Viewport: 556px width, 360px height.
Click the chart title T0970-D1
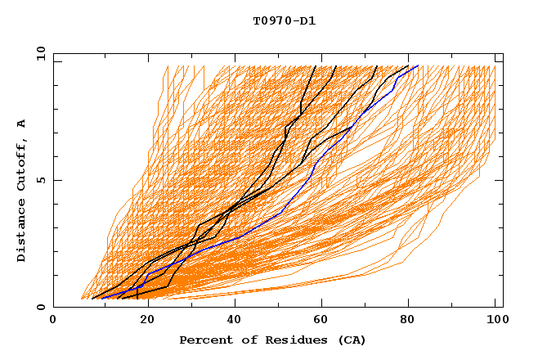point(284,21)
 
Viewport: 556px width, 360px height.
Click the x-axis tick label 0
point(53,321)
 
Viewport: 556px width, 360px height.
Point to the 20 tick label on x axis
point(141,321)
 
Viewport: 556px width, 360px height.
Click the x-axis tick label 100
point(495,321)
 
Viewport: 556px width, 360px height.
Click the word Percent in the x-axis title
point(204,340)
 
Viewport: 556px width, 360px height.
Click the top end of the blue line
point(418,65)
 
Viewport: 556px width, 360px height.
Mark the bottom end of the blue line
point(101,298)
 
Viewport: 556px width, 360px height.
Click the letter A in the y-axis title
point(22,124)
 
